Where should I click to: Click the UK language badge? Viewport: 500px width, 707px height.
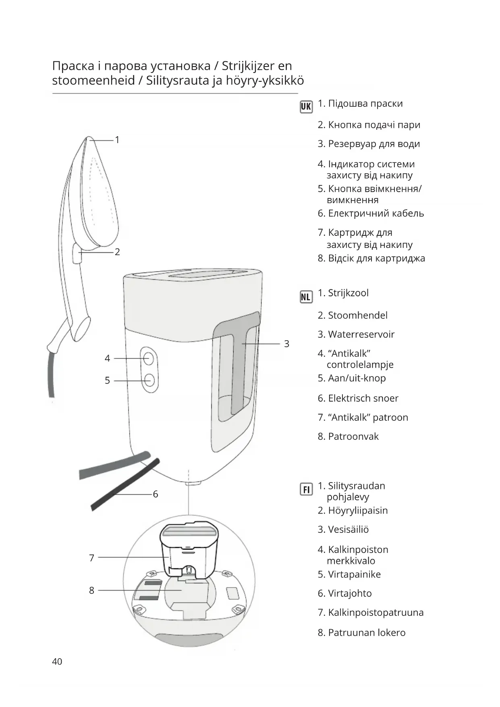[x=306, y=106]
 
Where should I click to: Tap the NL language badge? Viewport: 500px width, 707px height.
[x=306, y=297]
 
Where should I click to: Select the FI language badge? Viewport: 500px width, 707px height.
[x=306, y=489]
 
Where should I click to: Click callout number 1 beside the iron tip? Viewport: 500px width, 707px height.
[x=117, y=140]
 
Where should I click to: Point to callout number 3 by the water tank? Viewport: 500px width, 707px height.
[x=286, y=344]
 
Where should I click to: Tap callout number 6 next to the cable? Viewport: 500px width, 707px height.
[x=156, y=494]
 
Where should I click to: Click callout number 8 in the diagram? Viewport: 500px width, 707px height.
[x=91, y=591]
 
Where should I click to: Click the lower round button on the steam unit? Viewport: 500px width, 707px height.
[x=149, y=380]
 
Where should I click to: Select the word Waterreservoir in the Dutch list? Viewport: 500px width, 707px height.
[x=361, y=335]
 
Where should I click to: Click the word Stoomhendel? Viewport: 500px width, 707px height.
[x=358, y=316]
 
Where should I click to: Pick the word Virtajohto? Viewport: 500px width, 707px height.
[x=350, y=593]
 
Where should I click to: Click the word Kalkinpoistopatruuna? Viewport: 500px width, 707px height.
[x=376, y=613]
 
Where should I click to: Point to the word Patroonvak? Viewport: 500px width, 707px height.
[x=353, y=437]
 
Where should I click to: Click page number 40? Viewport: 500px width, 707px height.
[x=57, y=661]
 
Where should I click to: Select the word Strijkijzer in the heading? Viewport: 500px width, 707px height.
[x=248, y=66]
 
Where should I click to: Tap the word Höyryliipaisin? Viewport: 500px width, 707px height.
[x=358, y=511]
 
